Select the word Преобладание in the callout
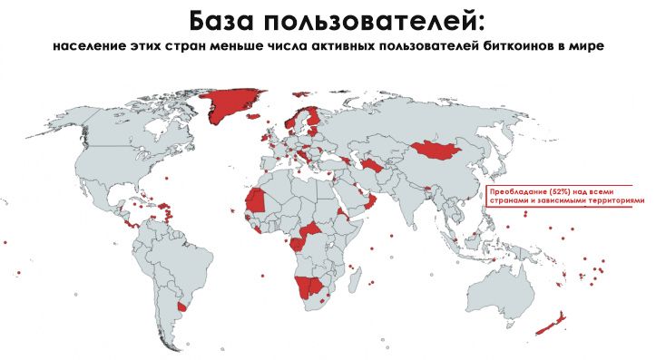point(514,193)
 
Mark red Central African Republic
point(314,230)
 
